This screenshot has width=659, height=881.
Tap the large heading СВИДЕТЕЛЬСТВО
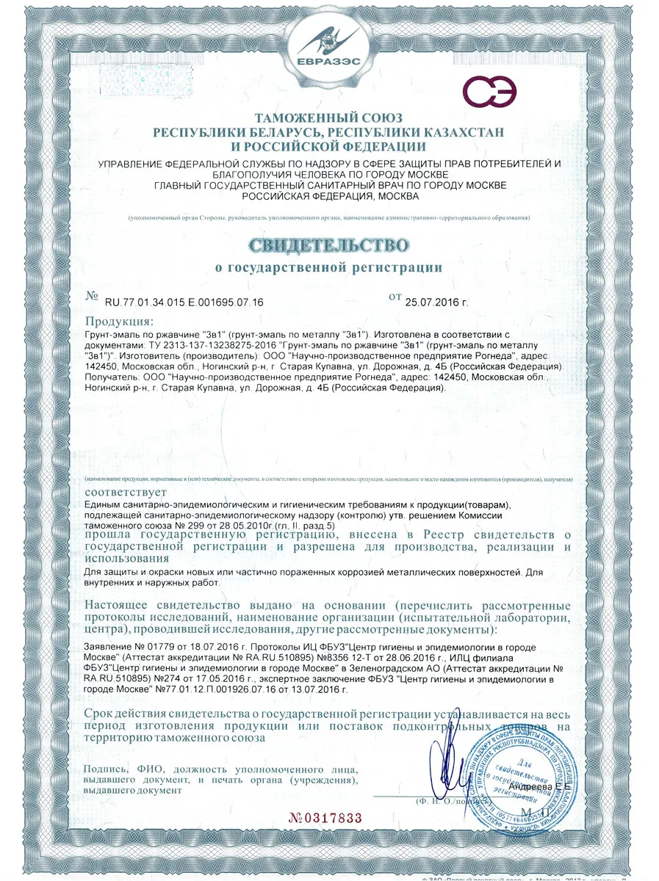[x=328, y=244]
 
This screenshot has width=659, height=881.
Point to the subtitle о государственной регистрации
[x=328, y=268]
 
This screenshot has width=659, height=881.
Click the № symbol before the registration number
[x=92, y=297]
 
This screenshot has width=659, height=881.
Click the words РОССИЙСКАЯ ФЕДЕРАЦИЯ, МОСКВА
[x=328, y=196]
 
